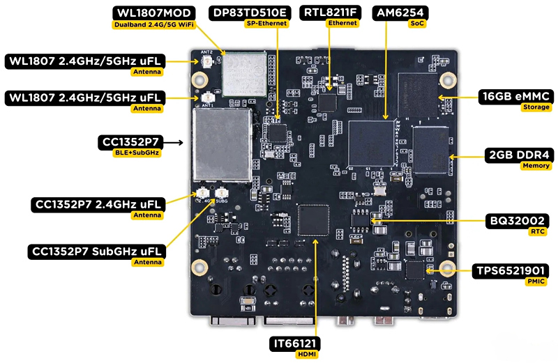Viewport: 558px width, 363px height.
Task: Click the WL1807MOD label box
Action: [154, 13]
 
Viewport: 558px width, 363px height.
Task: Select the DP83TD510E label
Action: [250, 13]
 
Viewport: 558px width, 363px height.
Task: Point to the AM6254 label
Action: [401, 13]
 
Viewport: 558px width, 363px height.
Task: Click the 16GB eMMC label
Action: [515, 96]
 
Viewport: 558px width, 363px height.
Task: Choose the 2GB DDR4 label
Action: [518, 155]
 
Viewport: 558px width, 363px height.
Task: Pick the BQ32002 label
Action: [516, 222]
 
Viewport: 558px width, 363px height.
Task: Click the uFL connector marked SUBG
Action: [223, 192]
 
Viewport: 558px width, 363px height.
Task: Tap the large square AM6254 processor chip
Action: [370, 144]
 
